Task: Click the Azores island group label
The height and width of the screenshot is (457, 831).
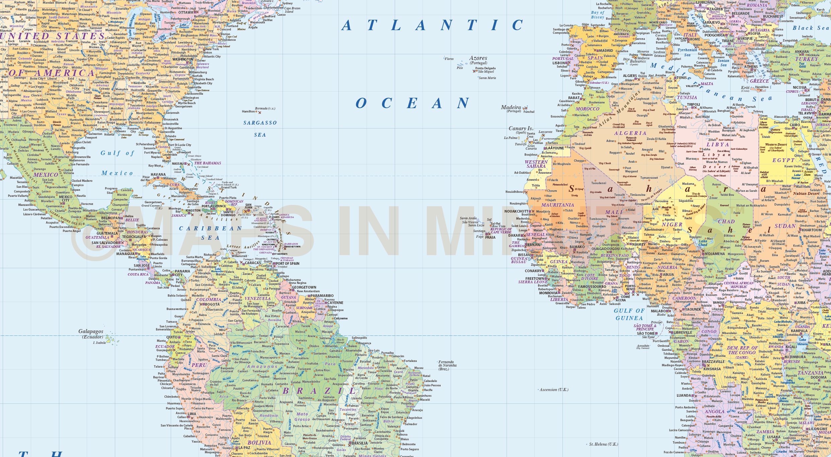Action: pyautogui.click(x=478, y=58)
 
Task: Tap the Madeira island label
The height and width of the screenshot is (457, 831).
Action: pyautogui.click(x=511, y=107)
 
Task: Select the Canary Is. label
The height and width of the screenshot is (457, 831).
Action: pyautogui.click(x=521, y=129)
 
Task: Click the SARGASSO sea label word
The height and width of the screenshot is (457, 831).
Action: pyautogui.click(x=260, y=123)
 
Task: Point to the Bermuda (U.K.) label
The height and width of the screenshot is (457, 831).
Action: pyautogui.click(x=265, y=108)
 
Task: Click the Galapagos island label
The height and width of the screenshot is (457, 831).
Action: pyautogui.click(x=91, y=331)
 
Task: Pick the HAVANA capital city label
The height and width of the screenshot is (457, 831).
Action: pyautogui.click(x=158, y=174)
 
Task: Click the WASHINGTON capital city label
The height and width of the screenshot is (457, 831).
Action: pyautogui.click(x=183, y=60)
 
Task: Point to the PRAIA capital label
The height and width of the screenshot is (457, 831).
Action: pyautogui.click(x=490, y=237)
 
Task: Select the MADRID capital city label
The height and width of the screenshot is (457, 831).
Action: pyautogui.click(x=606, y=51)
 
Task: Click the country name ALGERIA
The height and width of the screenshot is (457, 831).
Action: pyautogui.click(x=630, y=133)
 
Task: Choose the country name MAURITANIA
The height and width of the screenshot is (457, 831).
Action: pyautogui.click(x=557, y=205)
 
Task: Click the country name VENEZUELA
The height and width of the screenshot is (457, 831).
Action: pyautogui.click(x=257, y=299)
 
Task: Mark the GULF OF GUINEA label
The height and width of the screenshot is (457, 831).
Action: pyautogui.click(x=629, y=314)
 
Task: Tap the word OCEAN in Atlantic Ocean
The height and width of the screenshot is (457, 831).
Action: pyautogui.click(x=412, y=103)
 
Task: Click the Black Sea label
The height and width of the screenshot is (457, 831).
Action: pyautogui.click(x=811, y=28)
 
